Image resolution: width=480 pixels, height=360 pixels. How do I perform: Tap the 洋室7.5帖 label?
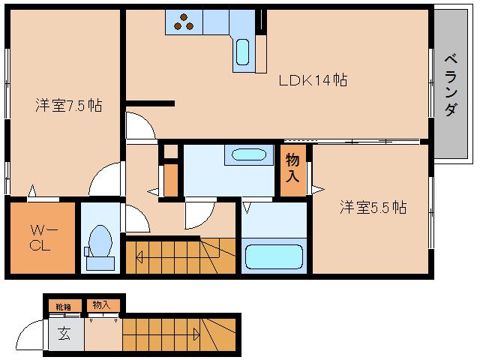pyautogui.click(x=68, y=106)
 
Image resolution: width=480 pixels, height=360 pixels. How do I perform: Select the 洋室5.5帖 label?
pyautogui.click(x=373, y=207)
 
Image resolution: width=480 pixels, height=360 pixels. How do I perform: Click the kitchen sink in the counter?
pyautogui.click(x=243, y=52)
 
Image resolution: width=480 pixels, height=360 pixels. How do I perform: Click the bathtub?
pyautogui.click(x=274, y=257)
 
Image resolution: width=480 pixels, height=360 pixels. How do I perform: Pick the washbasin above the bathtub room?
pyautogui.click(x=247, y=155)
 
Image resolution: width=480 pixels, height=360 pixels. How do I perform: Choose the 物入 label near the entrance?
pyautogui.click(x=100, y=304)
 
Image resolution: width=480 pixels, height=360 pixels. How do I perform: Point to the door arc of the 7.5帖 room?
pyautogui.click(x=103, y=181)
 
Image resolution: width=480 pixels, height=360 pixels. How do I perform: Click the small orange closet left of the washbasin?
pyautogui.click(x=171, y=178)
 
